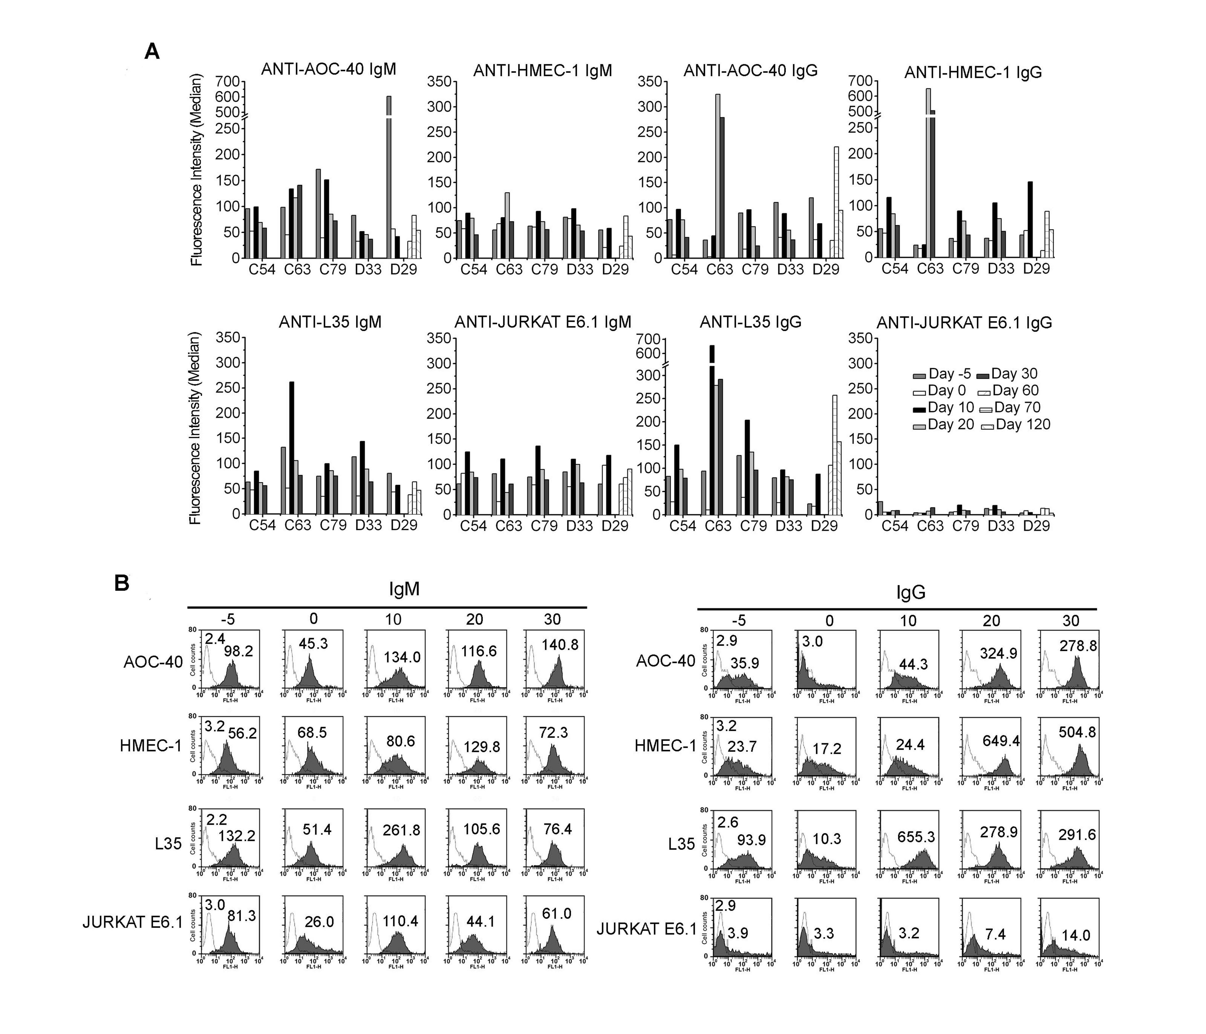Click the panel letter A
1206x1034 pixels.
click(x=152, y=52)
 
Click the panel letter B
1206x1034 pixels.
click(x=122, y=583)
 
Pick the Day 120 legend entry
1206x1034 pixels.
click(x=1016, y=424)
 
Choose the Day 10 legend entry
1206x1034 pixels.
click(x=943, y=408)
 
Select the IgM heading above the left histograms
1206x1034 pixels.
click(x=404, y=589)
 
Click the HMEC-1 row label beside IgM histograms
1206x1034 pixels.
click(x=151, y=746)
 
